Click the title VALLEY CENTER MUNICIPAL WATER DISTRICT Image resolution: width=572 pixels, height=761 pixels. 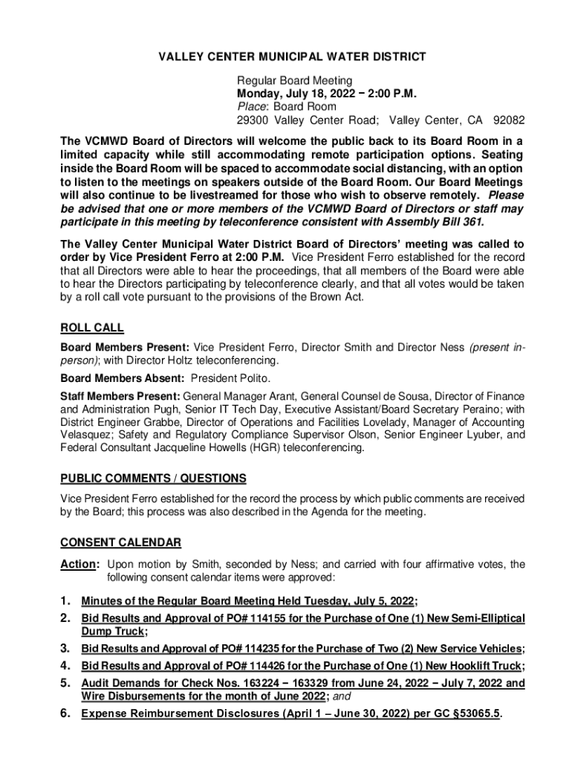pos(285,56)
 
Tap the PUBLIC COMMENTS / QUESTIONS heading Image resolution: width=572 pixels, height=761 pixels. pos(153,478)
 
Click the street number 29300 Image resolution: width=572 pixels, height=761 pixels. pos(253,120)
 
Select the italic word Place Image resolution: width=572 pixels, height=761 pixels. pos(250,107)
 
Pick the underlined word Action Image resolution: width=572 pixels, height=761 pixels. pos(77,565)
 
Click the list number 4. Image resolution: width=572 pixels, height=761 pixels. pos(65,666)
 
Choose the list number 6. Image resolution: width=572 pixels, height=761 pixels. pos(65,715)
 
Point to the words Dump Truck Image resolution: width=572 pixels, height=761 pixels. pos(112,632)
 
